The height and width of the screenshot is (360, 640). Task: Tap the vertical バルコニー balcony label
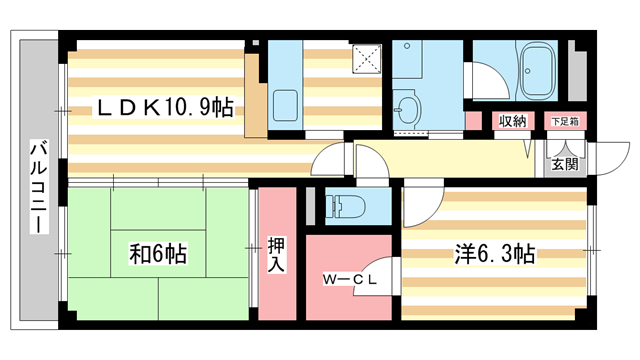tap(37, 187)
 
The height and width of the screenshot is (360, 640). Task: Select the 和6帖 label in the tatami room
tap(155, 251)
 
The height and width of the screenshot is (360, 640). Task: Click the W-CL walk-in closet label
tap(349, 280)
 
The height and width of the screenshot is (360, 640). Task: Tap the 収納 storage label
tap(513, 122)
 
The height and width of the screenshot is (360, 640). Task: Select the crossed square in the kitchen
tap(367, 60)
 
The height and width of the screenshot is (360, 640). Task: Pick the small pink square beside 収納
tap(473, 121)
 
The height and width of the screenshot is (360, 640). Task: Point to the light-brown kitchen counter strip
tap(254, 91)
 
